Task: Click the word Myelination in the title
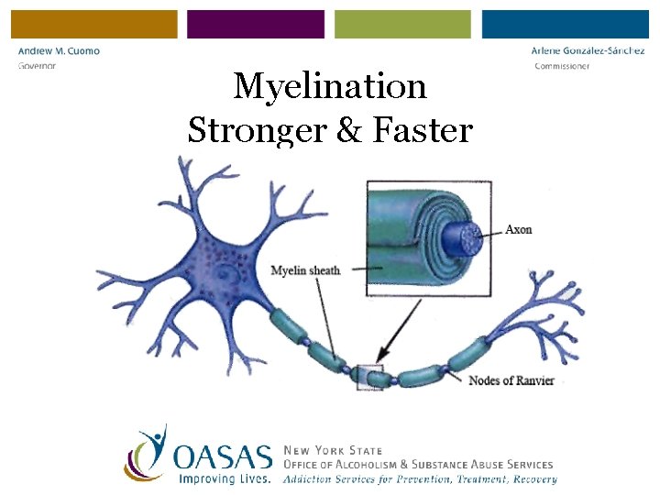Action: click(x=330, y=87)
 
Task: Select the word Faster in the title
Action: click(x=423, y=130)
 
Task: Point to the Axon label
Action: click(x=518, y=229)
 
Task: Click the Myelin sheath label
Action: click(x=305, y=270)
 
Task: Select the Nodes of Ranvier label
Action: click(x=511, y=380)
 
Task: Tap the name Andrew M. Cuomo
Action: click(x=59, y=51)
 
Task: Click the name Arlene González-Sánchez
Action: click(x=588, y=51)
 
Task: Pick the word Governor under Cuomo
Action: click(x=37, y=66)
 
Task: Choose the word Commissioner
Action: click(x=562, y=66)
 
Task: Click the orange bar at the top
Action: click(x=94, y=24)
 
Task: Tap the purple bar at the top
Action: click(x=256, y=24)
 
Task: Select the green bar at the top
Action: click(x=402, y=24)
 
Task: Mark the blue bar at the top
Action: click(x=565, y=24)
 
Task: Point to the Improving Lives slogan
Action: click(x=225, y=478)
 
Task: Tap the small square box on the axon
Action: click(x=369, y=377)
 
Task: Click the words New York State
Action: click(x=333, y=451)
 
